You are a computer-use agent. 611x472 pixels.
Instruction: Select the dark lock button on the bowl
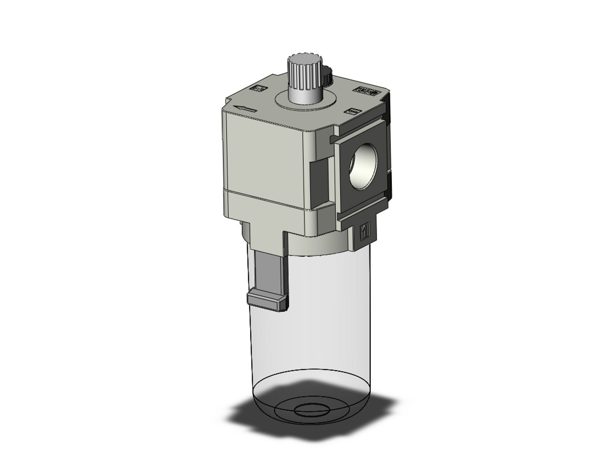(267, 302)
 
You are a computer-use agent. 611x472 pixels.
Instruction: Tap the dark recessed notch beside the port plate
(319, 177)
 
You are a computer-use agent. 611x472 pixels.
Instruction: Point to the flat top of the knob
(299, 61)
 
